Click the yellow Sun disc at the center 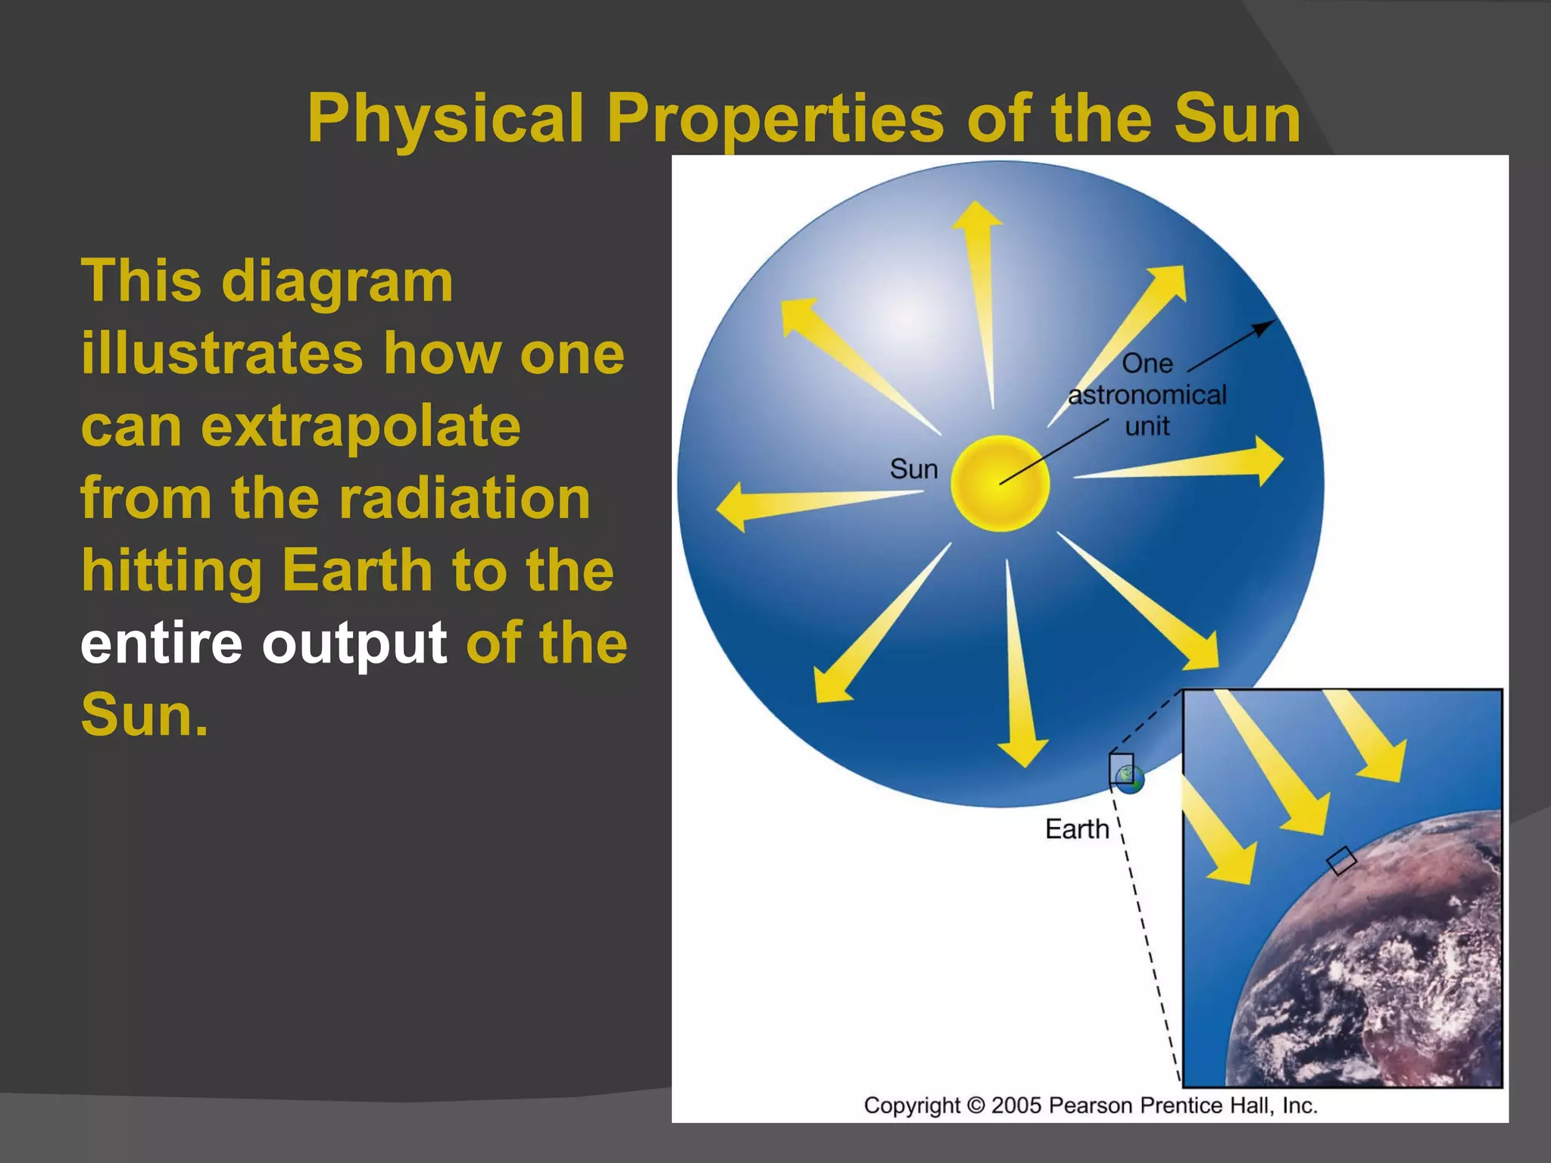click(1000, 483)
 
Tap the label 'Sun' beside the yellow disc click(913, 469)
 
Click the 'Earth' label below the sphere click(1077, 829)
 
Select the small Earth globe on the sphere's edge click(1130, 778)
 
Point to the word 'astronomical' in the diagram click(1147, 395)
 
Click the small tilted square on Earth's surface click(1341, 860)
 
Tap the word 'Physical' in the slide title click(445, 119)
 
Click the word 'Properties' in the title click(775, 119)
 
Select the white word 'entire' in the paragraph click(161, 643)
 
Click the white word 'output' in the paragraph click(354, 644)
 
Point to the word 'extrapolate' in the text click(360, 426)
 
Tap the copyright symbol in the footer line click(976, 1105)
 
